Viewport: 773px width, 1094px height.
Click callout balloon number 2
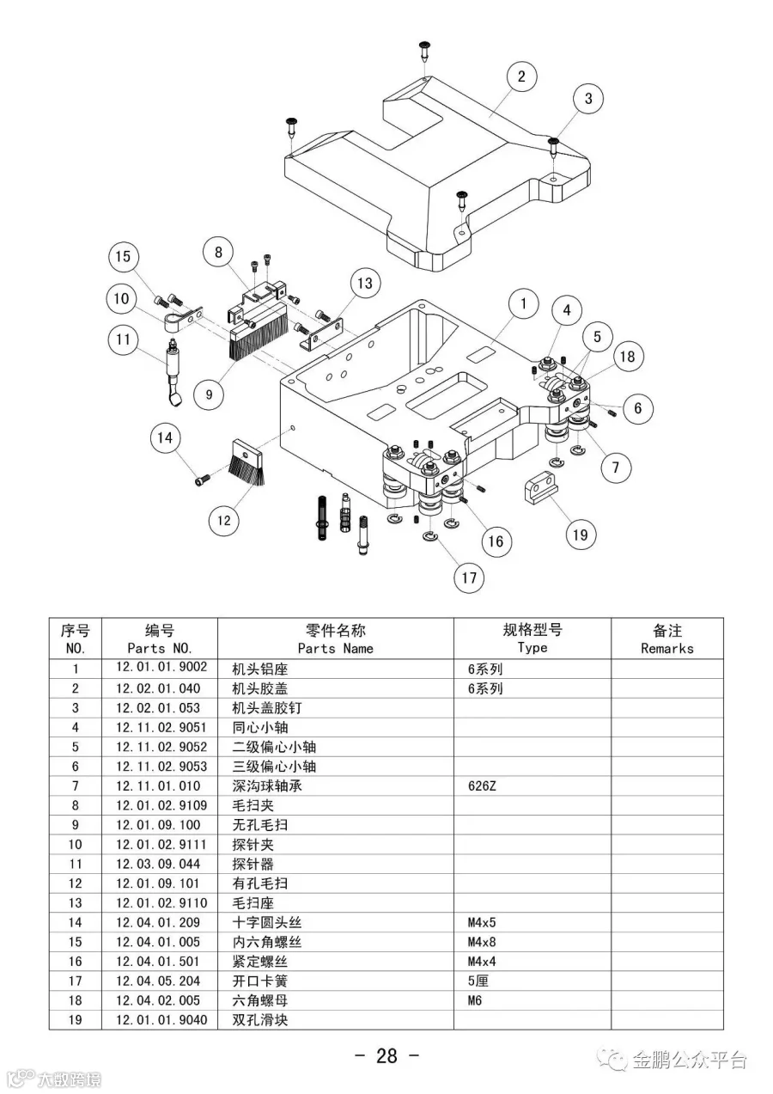click(521, 76)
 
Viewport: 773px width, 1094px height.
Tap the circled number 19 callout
click(581, 535)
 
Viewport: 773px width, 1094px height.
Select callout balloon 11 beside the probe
click(124, 339)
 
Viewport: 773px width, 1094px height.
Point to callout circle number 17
click(469, 578)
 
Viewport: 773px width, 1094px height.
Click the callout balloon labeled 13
click(365, 284)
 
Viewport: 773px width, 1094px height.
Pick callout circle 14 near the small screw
click(166, 438)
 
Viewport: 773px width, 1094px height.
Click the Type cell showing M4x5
click(482, 922)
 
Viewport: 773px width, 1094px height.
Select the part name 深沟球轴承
click(267, 785)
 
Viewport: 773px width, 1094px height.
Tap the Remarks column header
click(666, 639)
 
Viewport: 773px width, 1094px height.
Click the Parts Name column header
click(335, 639)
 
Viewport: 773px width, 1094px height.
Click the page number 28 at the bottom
click(386, 1056)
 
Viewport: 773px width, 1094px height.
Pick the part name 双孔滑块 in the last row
click(260, 1020)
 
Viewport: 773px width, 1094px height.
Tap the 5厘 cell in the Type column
click(478, 981)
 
